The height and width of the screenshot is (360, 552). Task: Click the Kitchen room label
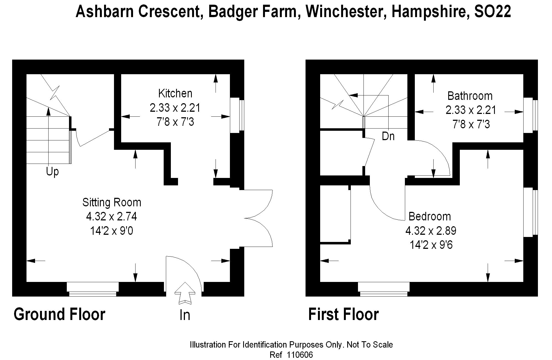click(x=175, y=94)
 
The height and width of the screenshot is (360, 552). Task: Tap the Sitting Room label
click(x=112, y=202)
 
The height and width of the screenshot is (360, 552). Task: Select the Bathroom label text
click(x=470, y=96)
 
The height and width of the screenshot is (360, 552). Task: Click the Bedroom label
click(x=429, y=216)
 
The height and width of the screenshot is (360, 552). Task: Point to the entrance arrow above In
click(x=184, y=293)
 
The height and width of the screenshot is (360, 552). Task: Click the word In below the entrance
click(x=185, y=315)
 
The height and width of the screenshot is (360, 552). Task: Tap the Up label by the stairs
click(x=52, y=172)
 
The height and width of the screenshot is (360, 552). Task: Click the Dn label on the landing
click(x=388, y=136)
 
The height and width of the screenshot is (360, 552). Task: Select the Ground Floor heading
click(x=59, y=314)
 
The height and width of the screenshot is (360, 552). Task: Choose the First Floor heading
click(x=343, y=314)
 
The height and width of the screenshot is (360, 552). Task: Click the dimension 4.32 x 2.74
click(x=112, y=217)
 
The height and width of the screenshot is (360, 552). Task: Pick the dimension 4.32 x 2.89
click(x=431, y=231)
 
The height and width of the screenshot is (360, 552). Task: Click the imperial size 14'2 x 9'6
click(x=431, y=245)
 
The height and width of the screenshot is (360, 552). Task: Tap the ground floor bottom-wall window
click(x=93, y=289)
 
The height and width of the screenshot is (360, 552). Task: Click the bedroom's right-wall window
click(x=530, y=212)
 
